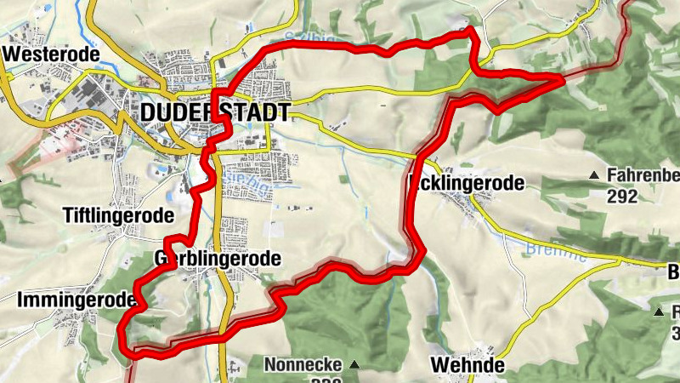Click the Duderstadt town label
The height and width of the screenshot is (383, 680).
click(x=215, y=112)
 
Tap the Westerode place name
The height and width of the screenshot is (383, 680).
click(x=51, y=54)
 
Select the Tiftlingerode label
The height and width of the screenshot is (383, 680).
click(x=118, y=215)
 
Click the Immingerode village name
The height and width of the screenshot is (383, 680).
click(x=76, y=300)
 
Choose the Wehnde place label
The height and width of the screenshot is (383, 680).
click(x=467, y=365)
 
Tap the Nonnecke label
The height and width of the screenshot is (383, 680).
click(x=303, y=365)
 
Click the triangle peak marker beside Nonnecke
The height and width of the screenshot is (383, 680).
click(x=354, y=365)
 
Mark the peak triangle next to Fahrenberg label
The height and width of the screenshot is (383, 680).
click(x=594, y=176)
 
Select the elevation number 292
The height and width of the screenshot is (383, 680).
click(x=622, y=196)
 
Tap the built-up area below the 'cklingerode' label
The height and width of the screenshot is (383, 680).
click(x=472, y=204)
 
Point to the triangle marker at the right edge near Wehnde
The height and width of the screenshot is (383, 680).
click(x=659, y=312)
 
